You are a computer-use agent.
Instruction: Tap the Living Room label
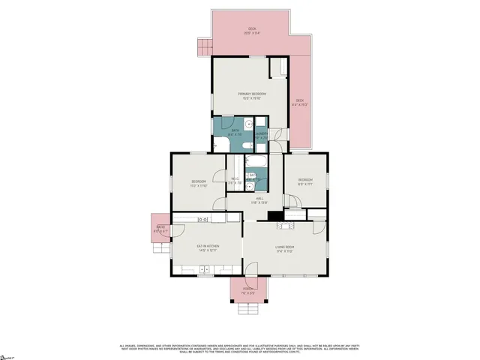[283, 248]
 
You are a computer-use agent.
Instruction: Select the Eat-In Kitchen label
[207, 247]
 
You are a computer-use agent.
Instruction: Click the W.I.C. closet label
[235, 181]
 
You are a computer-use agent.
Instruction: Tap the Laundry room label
[262, 136]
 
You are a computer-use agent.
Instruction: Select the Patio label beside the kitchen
[160, 229]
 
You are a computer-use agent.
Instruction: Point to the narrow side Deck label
[299, 102]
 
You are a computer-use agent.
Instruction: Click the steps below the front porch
[248, 309]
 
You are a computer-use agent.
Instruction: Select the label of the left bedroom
[199, 183]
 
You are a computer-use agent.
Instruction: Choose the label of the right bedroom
[305, 181]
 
